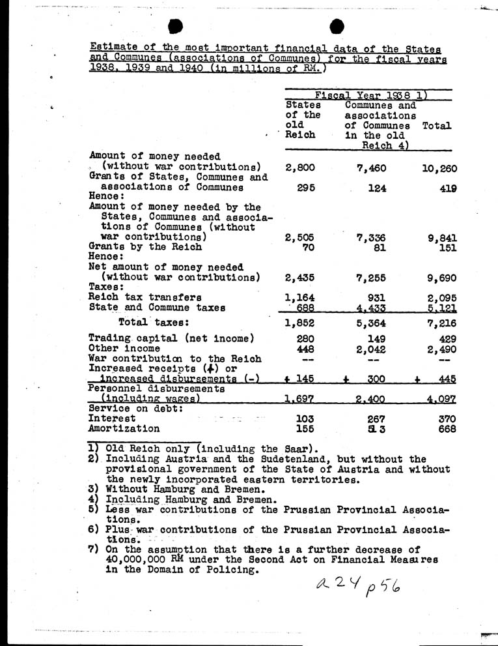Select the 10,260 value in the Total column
[439, 169]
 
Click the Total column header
[437, 126]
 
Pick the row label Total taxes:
[154, 321]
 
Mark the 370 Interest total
[446, 418]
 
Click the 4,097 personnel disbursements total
[442, 398]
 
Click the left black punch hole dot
[176, 26]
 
